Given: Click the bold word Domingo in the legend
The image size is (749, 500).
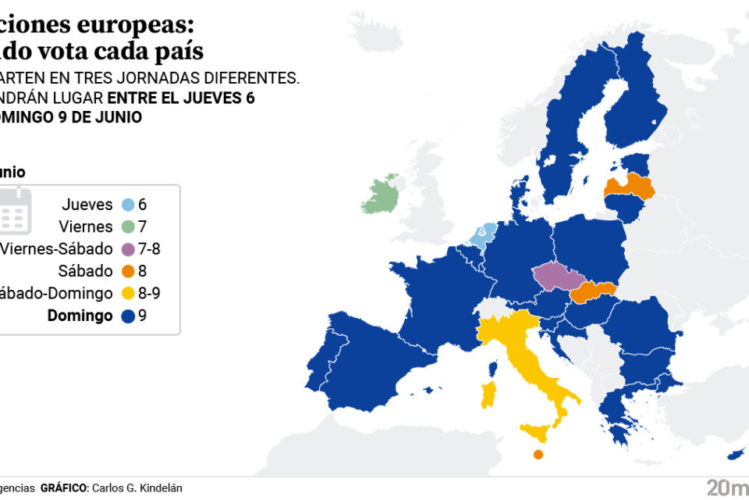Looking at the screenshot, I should (x=80, y=316).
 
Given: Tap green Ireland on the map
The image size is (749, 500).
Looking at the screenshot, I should (x=383, y=195).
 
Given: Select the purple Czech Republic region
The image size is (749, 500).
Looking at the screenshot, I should (x=559, y=276).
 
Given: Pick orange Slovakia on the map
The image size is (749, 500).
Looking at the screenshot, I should (x=594, y=293).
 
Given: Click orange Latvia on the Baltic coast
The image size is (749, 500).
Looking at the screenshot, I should (x=630, y=187).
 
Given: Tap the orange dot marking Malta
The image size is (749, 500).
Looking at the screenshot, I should (x=538, y=455).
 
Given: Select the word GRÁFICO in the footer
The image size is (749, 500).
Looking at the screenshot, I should (x=63, y=488).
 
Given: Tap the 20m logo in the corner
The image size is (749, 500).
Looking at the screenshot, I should (x=725, y=487).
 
